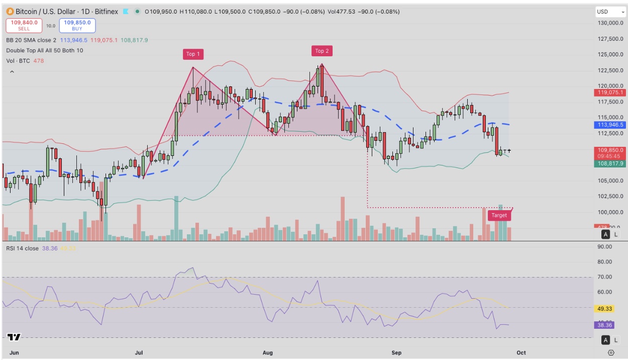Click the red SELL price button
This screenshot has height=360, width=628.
pyautogui.click(x=24, y=25)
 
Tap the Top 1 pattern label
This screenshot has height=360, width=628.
pyautogui.click(x=193, y=54)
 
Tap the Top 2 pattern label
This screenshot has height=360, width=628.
pyautogui.click(x=322, y=51)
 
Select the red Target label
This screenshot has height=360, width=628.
pyautogui.click(x=499, y=215)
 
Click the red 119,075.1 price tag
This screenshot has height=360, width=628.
pyautogui.click(x=610, y=93)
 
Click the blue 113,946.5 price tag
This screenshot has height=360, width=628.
pyautogui.click(x=610, y=125)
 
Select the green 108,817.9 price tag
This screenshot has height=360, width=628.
pyautogui.click(x=610, y=163)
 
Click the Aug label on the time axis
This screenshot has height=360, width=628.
pyautogui.click(x=268, y=353)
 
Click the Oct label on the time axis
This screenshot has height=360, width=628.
pyautogui.click(x=521, y=353)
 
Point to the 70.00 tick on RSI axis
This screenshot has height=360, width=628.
pyautogui.click(x=604, y=277)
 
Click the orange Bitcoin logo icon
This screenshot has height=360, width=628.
pyautogui.click(x=10, y=12)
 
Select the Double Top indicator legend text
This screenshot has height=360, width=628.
pyautogui.click(x=45, y=50)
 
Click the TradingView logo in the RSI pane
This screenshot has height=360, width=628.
pyautogui.click(x=14, y=337)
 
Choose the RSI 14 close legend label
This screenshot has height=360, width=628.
pyautogui.click(x=22, y=248)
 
